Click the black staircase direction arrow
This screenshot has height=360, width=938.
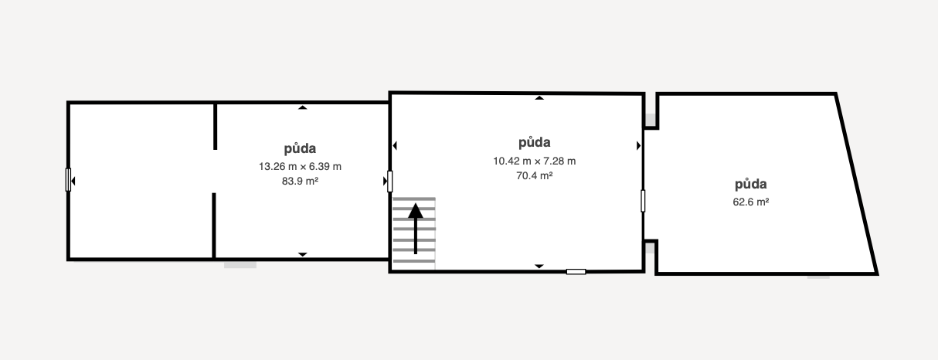[416, 228]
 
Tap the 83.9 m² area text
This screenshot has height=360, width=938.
[301, 181]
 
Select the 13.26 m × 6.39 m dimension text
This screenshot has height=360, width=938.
[301, 166]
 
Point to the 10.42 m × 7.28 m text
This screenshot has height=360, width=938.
[535, 161]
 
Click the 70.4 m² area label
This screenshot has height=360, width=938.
[535, 175]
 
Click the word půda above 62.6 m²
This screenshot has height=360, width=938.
[750, 185]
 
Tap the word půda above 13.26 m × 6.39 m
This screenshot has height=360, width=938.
[301, 148]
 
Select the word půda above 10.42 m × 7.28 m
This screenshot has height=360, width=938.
[535, 142]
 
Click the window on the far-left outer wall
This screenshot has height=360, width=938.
[68, 180]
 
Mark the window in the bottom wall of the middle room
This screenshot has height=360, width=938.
[576, 271]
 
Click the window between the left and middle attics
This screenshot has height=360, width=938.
[390, 182]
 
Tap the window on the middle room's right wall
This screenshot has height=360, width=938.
[643, 201]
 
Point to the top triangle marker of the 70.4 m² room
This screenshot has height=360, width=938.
[539, 97]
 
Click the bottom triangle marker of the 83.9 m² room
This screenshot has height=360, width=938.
[302, 254]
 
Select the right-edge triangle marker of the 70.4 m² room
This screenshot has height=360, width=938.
[639, 145]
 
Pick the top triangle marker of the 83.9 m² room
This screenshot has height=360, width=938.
[302, 107]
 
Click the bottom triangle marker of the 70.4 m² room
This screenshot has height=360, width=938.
[539, 267]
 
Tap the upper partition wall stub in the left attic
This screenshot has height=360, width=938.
[215, 125]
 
